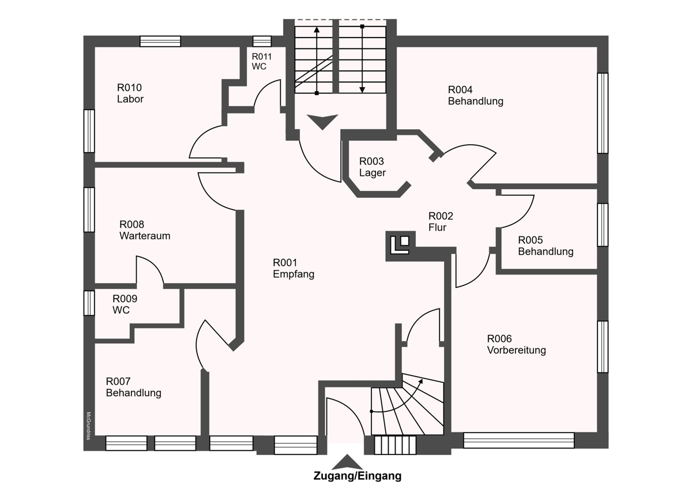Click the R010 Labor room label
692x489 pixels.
130,93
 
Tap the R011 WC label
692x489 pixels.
261,61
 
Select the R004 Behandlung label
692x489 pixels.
475,96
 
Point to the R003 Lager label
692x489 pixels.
373,167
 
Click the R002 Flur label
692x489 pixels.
441,222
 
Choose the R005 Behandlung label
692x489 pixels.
546,246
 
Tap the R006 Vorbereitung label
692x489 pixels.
516,344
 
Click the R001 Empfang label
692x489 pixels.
294,269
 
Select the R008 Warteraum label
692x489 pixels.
145,230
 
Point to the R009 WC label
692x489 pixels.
125,304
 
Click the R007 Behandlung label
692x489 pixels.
133,388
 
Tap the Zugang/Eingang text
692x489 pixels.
358,476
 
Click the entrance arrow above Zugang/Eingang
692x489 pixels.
347,462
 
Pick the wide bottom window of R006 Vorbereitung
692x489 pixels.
519,441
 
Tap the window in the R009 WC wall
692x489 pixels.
89,303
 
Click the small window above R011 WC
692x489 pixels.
262,41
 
